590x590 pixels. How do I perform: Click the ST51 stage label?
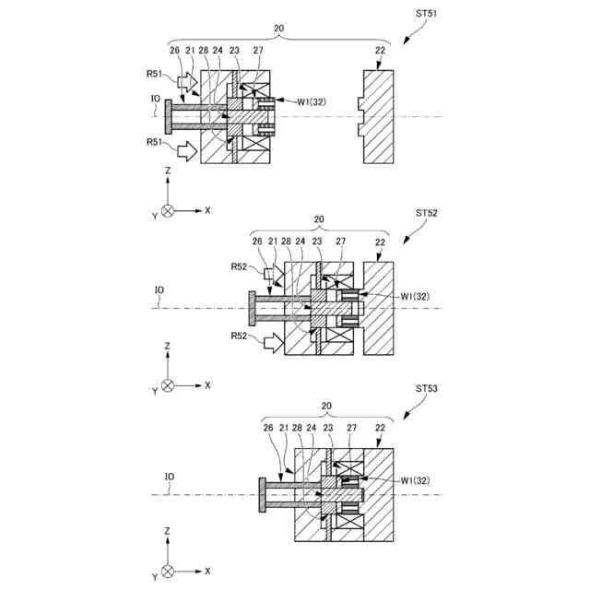(x=425, y=14)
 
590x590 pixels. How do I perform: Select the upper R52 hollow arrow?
(x=274, y=274)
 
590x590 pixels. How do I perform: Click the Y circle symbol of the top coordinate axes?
(x=167, y=210)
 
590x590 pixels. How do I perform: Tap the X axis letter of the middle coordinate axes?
(x=207, y=384)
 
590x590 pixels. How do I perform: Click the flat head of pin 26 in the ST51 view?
(x=171, y=116)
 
